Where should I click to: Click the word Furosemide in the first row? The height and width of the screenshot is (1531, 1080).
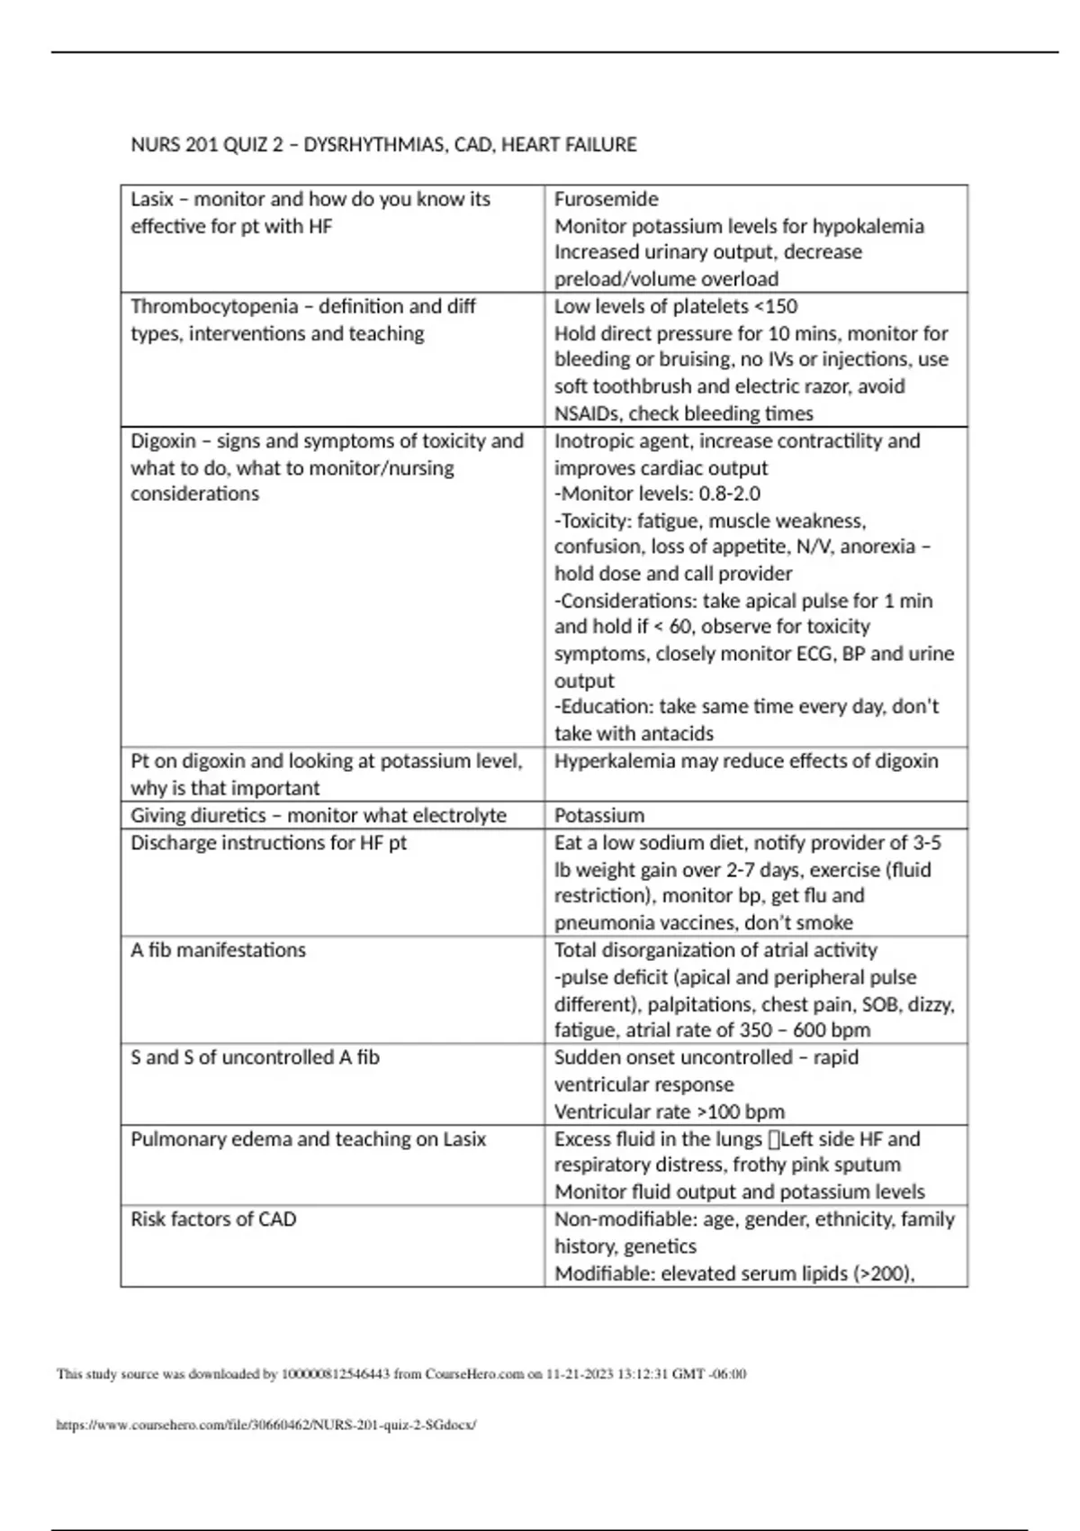(606, 199)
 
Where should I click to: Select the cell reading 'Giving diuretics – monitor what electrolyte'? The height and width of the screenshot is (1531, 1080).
(319, 816)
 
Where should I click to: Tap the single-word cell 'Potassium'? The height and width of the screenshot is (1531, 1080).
(599, 816)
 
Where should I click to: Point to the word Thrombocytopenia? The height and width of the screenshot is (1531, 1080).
(214, 306)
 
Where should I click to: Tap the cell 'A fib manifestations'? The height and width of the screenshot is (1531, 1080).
(218, 950)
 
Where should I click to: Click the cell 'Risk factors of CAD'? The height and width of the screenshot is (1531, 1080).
(213, 1219)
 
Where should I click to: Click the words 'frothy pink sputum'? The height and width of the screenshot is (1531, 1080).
(816, 1165)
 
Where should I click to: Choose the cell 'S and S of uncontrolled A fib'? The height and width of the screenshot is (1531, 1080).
(255, 1057)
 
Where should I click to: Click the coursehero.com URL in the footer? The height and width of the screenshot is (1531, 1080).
(266, 1425)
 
